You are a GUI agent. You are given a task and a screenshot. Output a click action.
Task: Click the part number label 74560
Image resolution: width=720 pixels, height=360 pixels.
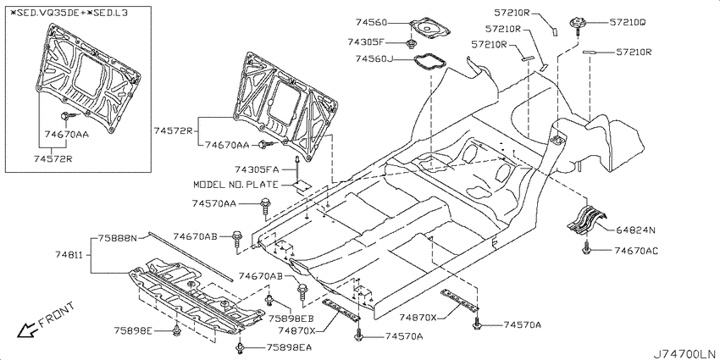(371, 22)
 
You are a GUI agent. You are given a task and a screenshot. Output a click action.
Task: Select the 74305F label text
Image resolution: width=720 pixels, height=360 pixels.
(366, 42)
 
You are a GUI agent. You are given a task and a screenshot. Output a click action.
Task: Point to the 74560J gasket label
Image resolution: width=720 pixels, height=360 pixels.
(374, 58)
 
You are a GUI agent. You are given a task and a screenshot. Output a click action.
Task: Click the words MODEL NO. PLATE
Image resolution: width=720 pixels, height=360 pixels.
(235, 185)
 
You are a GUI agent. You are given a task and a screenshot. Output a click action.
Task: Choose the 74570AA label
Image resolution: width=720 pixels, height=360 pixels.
(214, 203)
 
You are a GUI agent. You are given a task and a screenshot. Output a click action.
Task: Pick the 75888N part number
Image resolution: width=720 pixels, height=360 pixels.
(117, 238)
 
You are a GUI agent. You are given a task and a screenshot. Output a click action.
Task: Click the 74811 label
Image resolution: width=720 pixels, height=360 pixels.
(70, 254)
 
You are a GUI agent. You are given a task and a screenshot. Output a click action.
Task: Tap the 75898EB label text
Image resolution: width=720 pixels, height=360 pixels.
(291, 318)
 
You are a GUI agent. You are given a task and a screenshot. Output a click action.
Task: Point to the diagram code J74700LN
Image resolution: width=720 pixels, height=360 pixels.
(684, 353)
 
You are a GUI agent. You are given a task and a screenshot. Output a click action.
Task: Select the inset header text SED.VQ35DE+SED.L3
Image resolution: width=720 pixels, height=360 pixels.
(69, 13)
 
